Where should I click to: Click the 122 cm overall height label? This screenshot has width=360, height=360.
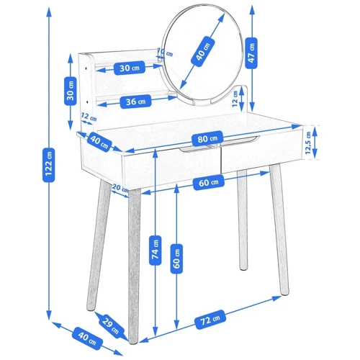49,165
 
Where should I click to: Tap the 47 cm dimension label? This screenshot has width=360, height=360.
251,53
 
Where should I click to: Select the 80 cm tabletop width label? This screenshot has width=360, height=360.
207,138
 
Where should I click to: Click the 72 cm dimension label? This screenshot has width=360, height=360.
210,320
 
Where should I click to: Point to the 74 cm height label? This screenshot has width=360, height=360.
155,251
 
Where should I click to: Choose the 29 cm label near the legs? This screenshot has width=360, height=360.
110,324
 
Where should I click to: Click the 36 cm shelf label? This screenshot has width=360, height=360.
135,102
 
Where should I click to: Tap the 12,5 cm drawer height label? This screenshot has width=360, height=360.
308,143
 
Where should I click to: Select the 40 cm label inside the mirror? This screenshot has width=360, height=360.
202,51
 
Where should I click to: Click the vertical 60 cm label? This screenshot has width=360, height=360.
176,258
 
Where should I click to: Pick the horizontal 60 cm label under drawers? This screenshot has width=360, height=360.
209,183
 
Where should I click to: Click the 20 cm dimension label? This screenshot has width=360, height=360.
120,188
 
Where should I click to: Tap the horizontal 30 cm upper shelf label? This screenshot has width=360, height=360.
130,68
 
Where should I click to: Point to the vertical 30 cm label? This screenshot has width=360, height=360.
71,91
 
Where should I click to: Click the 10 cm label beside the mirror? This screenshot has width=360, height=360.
166,53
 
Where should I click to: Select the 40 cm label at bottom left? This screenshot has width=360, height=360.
87,336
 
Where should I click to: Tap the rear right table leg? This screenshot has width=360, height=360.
243,220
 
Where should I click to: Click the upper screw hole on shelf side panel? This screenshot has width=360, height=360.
86,68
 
